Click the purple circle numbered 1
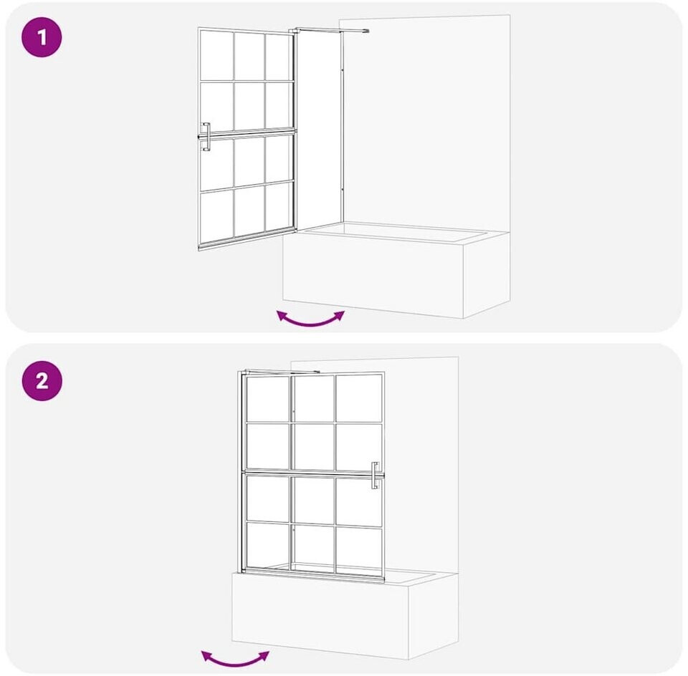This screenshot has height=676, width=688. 42,37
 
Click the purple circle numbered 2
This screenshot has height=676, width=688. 42,380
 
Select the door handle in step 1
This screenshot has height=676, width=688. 206,137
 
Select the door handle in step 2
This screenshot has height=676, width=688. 375,475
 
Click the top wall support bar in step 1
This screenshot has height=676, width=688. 331,30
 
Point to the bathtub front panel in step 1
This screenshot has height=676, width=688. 373,274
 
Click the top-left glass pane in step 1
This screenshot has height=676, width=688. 216,55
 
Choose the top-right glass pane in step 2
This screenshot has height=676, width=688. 359,398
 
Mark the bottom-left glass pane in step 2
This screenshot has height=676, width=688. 267,544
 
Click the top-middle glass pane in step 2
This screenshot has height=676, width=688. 314,398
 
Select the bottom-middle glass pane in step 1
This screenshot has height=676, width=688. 249,212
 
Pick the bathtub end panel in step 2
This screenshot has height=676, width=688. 434,616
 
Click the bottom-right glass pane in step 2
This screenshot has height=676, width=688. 359,550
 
